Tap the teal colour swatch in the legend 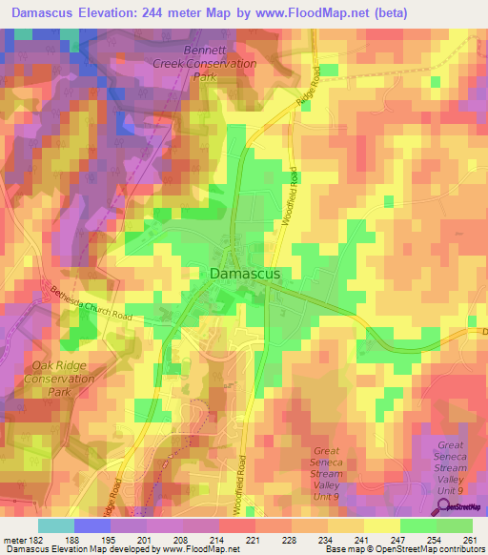tap(56, 524)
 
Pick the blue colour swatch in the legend tap(92, 524)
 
